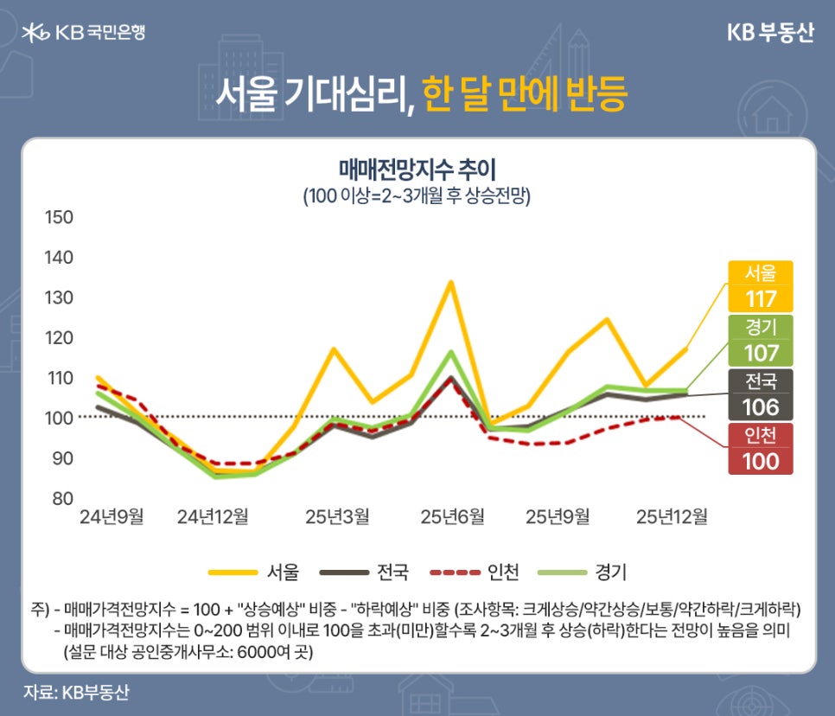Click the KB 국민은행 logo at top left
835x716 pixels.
[x=83, y=33]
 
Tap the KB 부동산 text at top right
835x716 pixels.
[x=770, y=33]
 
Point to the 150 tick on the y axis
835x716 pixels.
[x=59, y=216]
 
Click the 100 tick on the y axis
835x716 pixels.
[x=59, y=418]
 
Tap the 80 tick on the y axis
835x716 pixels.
[x=59, y=498]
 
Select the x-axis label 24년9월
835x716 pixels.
[x=112, y=517]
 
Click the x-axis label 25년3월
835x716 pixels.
[x=337, y=517]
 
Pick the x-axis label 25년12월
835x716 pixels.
[x=672, y=517]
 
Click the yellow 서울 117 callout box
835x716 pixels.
[x=760, y=286]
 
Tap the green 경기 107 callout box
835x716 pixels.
[x=760, y=340]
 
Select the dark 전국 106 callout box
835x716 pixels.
[x=760, y=394]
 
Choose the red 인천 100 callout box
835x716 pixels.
[x=760, y=448]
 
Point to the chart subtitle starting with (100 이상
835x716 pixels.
[x=417, y=195]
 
